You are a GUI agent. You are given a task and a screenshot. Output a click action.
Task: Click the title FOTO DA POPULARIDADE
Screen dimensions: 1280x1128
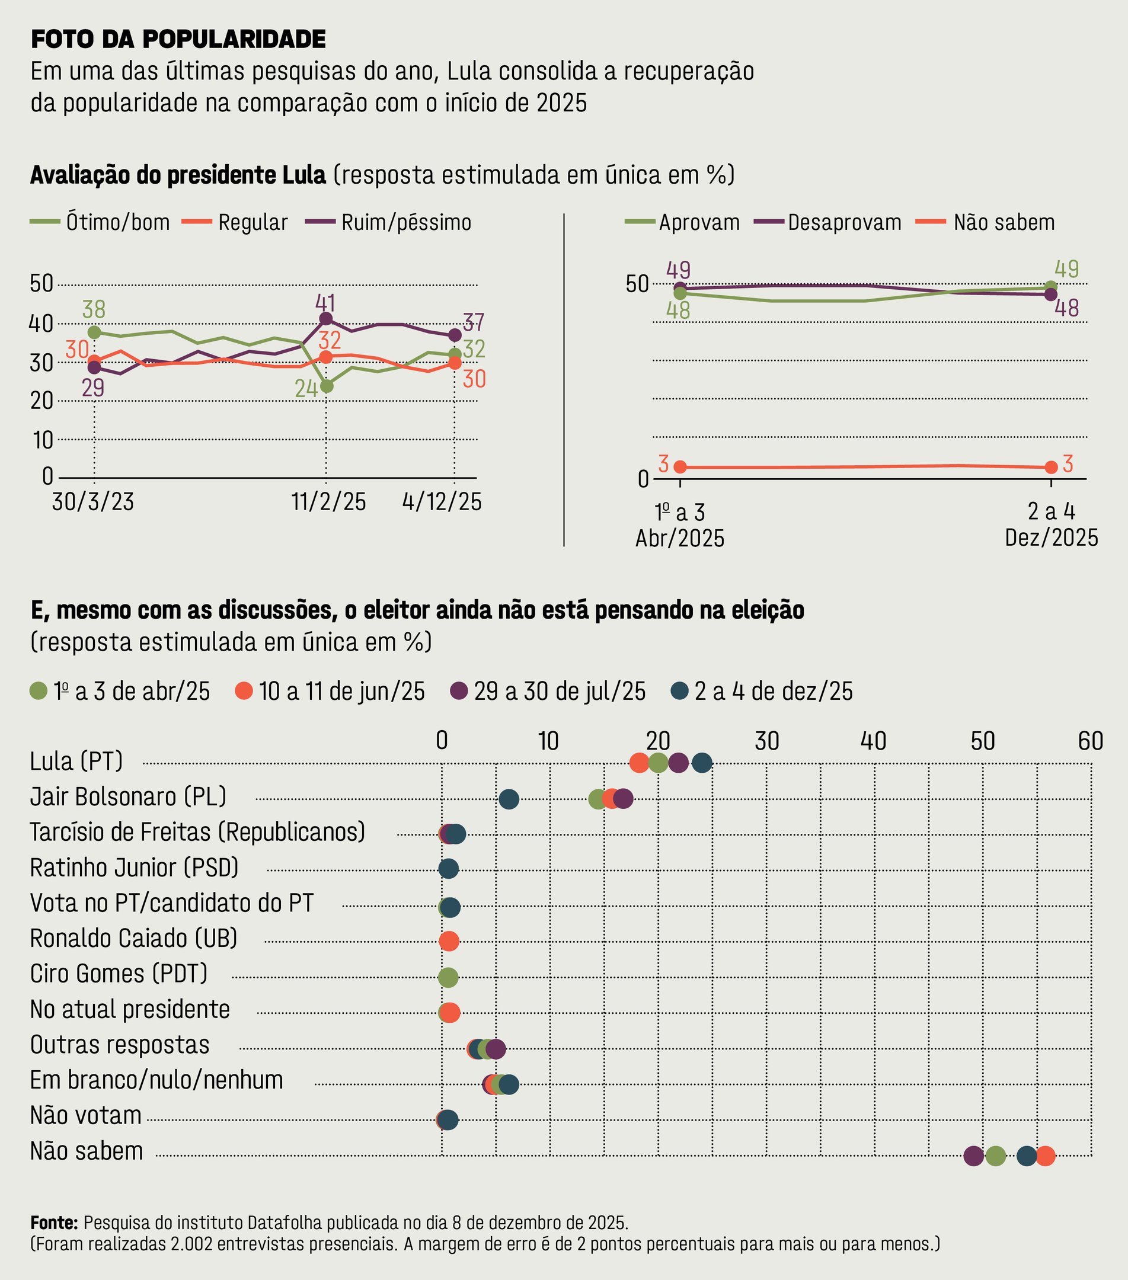tap(178, 40)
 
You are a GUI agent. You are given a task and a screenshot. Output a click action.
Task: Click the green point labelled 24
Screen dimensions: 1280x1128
tap(327, 386)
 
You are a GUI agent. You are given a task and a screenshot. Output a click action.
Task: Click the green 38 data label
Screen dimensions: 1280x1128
tap(94, 309)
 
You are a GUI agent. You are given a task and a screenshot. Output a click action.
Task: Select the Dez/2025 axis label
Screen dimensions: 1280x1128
tap(1052, 538)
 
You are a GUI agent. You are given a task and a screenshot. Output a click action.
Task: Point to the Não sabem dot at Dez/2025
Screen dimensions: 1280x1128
tap(1052, 467)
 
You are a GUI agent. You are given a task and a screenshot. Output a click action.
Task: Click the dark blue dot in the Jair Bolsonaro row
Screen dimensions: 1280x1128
tap(509, 799)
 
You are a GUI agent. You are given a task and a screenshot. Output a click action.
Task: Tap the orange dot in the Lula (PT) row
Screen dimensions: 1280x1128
tap(639, 763)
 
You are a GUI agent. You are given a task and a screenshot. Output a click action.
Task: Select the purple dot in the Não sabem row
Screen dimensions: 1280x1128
tap(973, 1156)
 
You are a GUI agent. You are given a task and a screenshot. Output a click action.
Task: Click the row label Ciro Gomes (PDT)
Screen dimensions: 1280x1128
tap(119, 974)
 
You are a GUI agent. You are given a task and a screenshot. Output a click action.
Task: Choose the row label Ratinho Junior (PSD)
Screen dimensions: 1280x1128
tap(135, 868)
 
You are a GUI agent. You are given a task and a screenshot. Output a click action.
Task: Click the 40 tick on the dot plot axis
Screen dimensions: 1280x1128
tap(873, 741)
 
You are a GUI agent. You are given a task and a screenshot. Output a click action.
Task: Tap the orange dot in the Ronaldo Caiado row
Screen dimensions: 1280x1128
tap(449, 940)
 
